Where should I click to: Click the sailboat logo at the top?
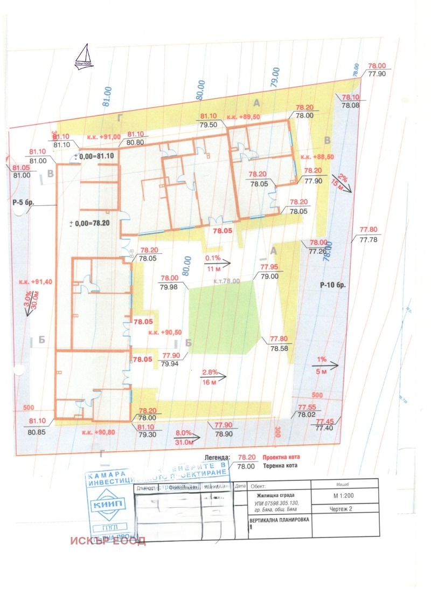[83, 56]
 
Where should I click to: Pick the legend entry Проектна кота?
[280, 456]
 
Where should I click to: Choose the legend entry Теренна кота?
[280, 466]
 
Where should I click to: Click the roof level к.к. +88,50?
[318, 156]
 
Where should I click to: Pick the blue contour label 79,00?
[275, 79]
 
